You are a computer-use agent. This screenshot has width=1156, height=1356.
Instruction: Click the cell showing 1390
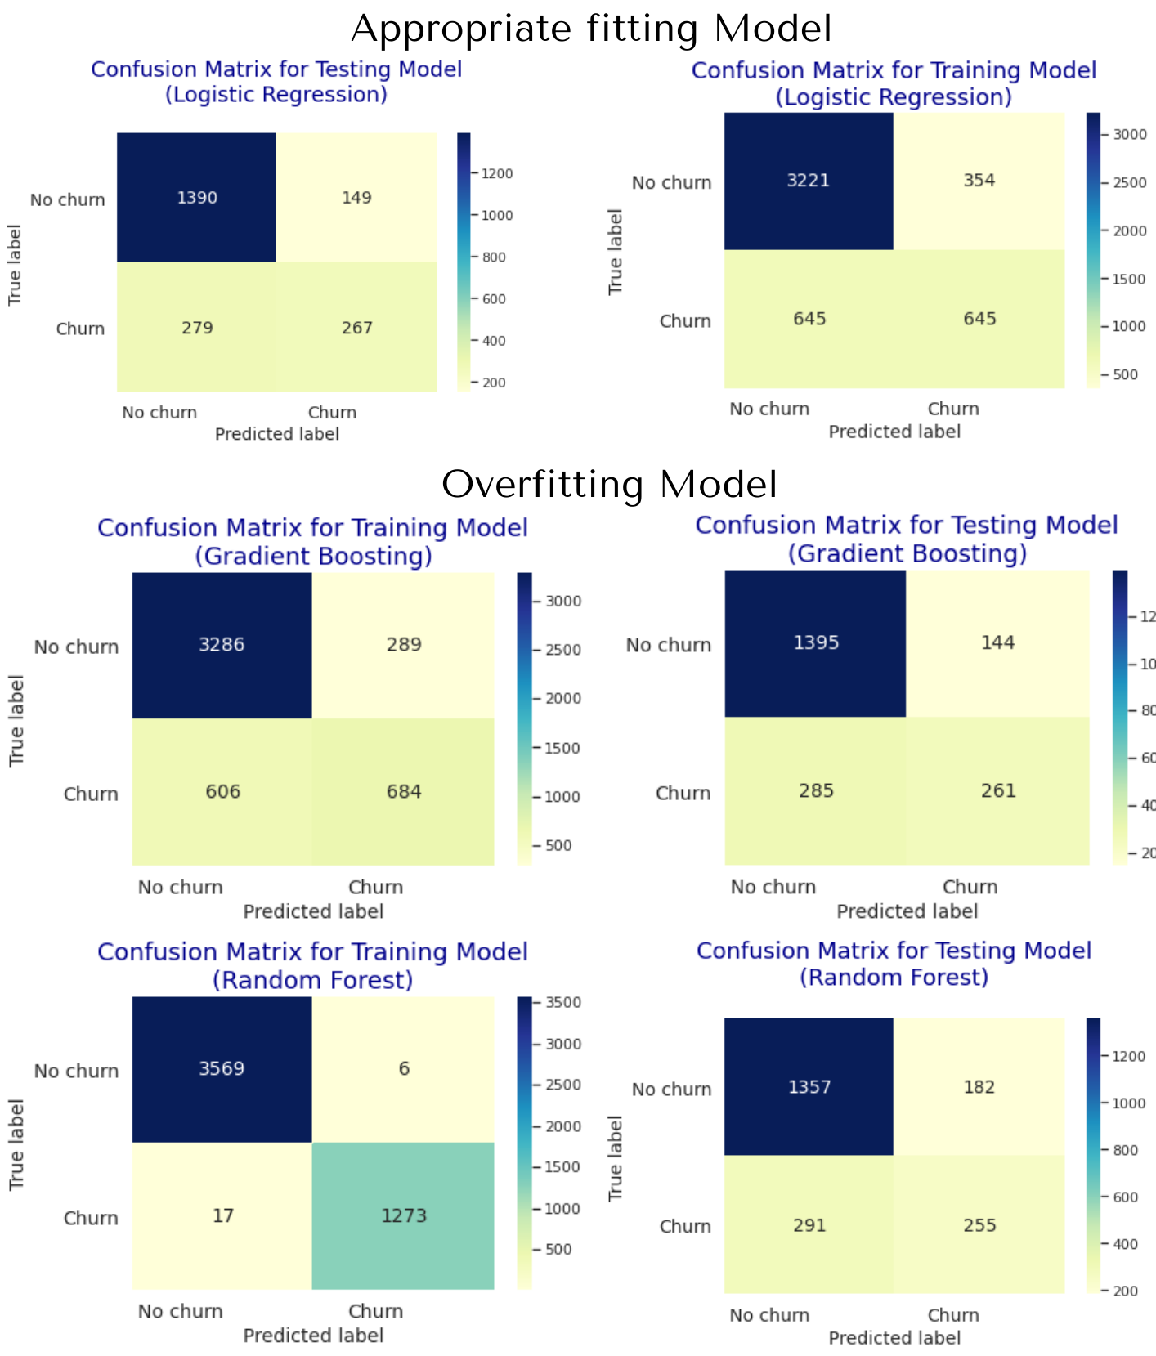tap(197, 198)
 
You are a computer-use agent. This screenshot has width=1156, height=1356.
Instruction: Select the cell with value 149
tap(356, 198)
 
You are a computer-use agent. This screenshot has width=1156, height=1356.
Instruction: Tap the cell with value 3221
tap(809, 181)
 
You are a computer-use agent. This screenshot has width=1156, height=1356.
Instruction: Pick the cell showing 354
tap(979, 181)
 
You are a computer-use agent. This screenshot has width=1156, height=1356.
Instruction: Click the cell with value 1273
tap(403, 1215)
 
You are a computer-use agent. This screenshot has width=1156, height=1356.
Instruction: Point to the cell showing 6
tap(404, 1068)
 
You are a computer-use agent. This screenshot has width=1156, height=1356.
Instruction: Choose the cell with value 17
tap(222, 1215)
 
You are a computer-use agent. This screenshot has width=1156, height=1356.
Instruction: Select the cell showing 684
tap(403, 791)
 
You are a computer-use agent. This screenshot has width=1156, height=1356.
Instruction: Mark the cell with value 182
tap(979, 1087)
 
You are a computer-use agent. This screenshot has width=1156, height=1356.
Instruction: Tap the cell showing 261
tap(997, 790)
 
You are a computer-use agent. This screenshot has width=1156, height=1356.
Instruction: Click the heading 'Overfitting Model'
tap(609, 484)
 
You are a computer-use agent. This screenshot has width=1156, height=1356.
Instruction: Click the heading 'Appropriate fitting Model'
tap(591, 29)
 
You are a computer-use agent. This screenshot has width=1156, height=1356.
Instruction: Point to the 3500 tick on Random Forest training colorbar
tap(560, 1003)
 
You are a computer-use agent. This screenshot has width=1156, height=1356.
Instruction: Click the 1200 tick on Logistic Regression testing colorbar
tap(496, 174)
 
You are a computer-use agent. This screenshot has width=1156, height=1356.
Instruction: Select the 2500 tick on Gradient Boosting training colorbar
tap(560, 650)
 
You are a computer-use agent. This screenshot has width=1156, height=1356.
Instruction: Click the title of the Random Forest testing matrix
tap(894, 964)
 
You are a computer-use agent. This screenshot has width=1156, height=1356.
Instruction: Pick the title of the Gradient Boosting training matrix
tap(313, 541)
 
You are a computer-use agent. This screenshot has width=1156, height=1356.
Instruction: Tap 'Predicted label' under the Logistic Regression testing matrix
tap(277, 434)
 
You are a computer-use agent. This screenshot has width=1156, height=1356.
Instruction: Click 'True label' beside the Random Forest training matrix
tap(16, 1144)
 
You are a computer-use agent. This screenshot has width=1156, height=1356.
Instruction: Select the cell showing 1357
tap(809, 1087)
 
